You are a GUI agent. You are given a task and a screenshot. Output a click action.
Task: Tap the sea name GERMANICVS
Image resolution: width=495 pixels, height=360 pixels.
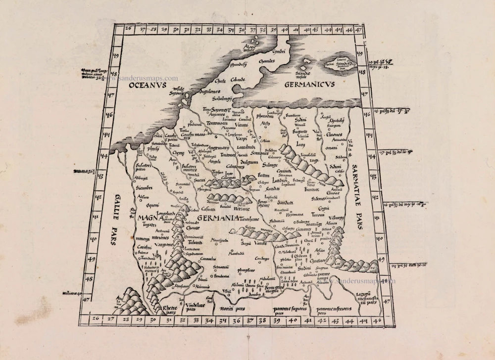point(310,85)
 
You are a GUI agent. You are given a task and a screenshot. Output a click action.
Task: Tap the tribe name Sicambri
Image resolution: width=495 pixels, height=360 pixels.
point(144,188)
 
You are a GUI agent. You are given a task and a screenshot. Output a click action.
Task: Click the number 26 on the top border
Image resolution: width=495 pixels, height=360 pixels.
point(128,29)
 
